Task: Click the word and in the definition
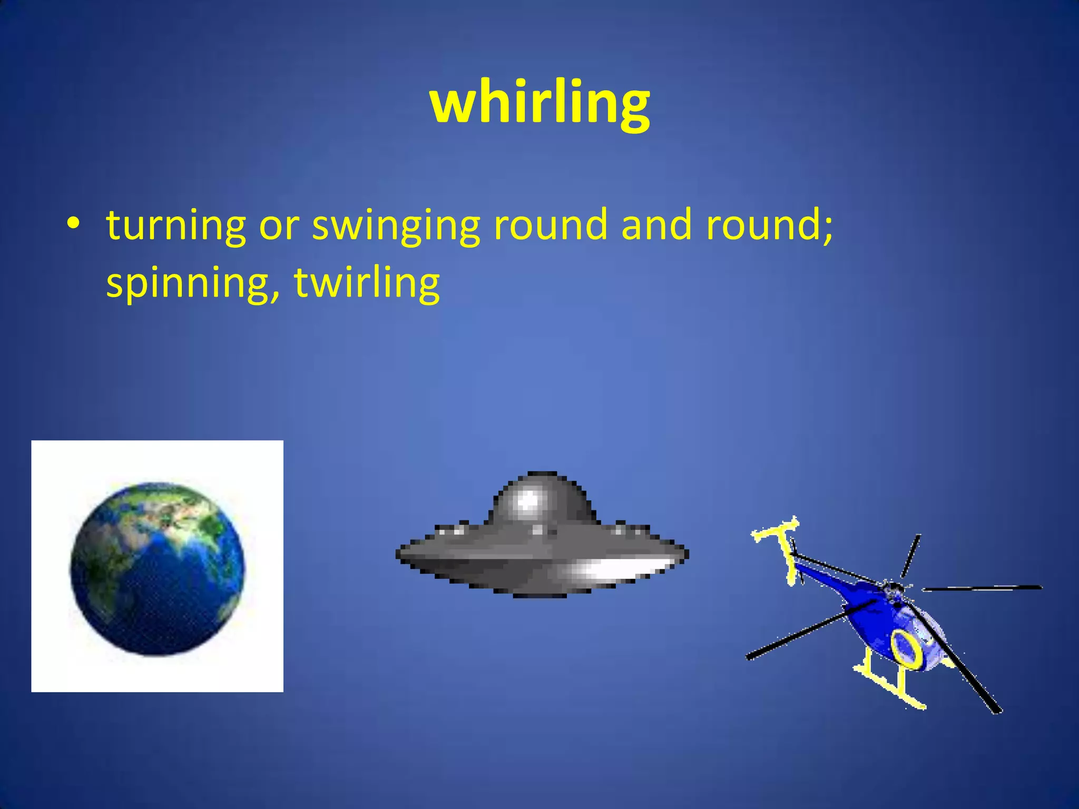click(x=656, y=224)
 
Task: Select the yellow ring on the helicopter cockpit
click(x=906, y=648)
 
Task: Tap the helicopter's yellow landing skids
click(x=890, y=685)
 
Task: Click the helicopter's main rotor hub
click(x=893, y=586)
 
